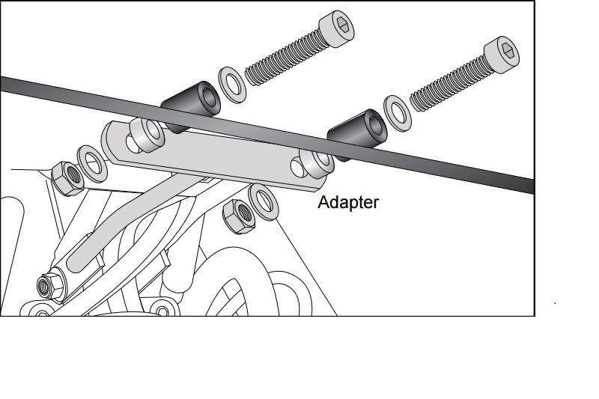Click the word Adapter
click(x=348, y=202)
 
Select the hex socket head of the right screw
click(x=505, y=52)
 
